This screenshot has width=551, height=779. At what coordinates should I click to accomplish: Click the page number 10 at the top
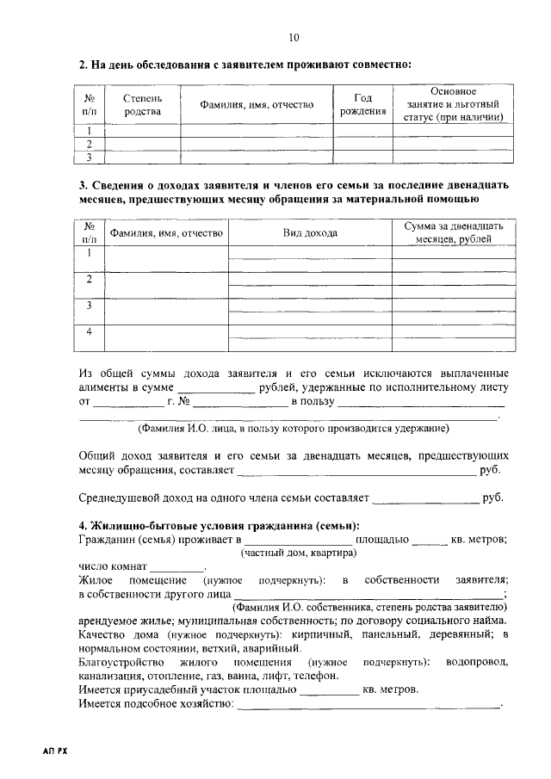point(294,38)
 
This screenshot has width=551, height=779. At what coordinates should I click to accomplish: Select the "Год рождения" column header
point(362,105)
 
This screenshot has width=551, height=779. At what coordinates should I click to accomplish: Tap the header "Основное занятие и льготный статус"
point(453,104)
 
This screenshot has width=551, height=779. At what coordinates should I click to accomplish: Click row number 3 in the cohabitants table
point(89,158)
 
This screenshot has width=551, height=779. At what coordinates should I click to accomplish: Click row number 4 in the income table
point(89,332)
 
